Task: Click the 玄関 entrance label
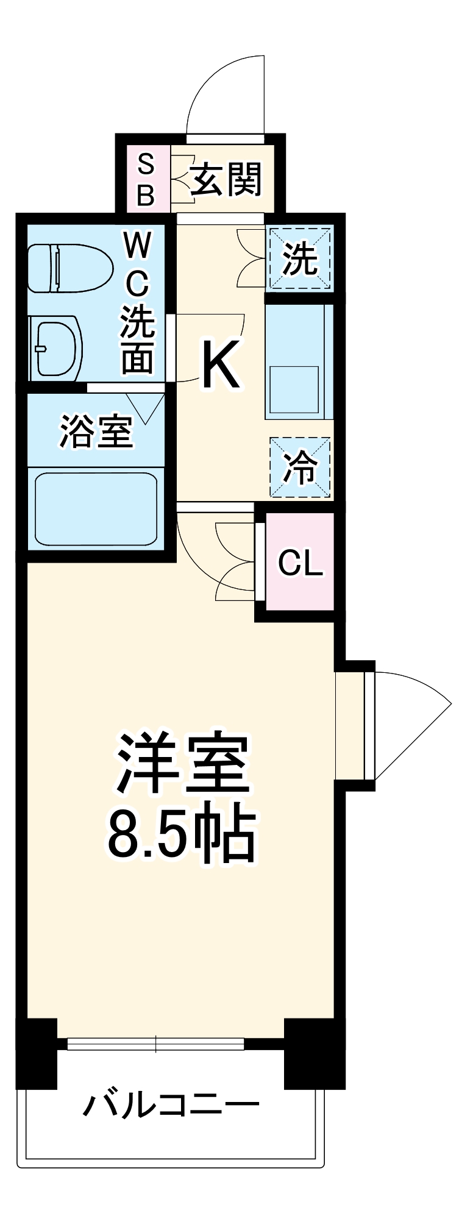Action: click(x=226, y=179)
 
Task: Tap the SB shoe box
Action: click(x=146, y=179)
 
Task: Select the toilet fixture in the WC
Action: click(x=71, y=268)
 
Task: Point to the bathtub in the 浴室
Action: click(x=96, y=510)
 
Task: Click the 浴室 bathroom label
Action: click(x=96, y=432)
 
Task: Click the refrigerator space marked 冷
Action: click(x=301, y=467)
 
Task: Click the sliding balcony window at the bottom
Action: click(x=156, y=1044)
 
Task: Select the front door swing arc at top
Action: click(x=226, y=91)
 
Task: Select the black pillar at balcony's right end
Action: click(x=315, y=1053)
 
